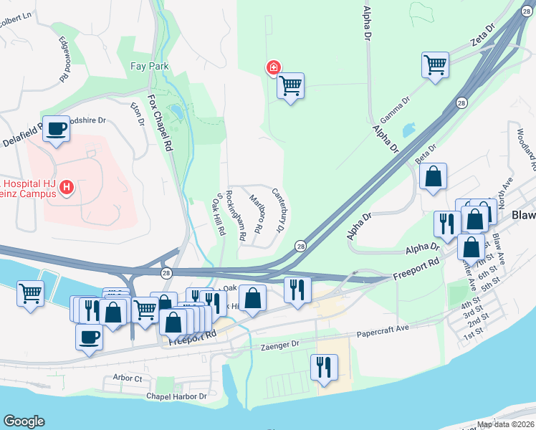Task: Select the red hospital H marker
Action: [67, 188]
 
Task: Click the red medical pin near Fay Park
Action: [273, 68]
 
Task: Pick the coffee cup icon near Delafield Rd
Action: [56, 130]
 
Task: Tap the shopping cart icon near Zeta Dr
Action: [435, 66]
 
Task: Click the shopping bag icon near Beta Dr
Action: [434, 177]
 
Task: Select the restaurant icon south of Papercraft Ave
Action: [324, 368]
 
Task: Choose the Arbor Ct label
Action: [128, 378]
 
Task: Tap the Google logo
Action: [24, 421]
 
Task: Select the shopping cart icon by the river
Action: [30, 293]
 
